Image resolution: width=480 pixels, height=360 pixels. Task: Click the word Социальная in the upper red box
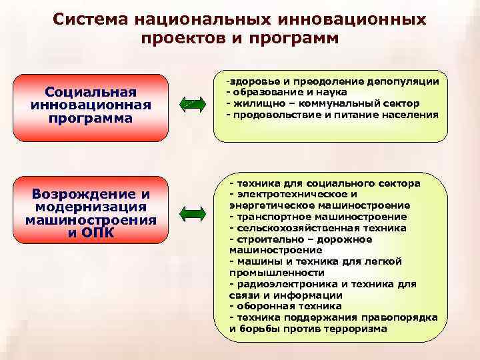coord(91,92)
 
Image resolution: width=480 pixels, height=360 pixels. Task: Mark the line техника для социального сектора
coord(327,183)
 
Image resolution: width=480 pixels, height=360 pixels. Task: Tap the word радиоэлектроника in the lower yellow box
coord(280,284)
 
